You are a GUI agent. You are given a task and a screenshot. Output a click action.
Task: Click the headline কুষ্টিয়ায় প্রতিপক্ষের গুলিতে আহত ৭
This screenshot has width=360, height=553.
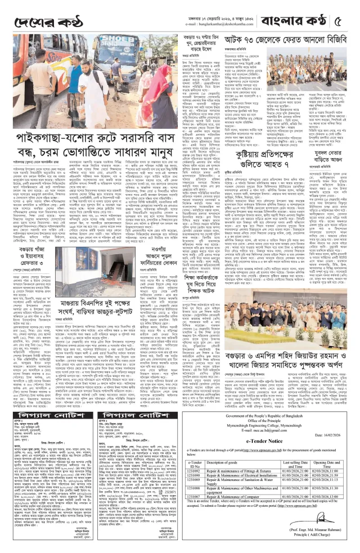264,163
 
